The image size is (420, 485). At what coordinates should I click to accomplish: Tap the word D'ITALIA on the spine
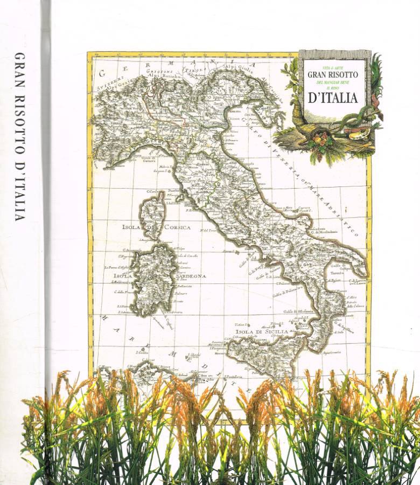[19, 191]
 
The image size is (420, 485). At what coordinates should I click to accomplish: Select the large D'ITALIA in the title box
[333, 98]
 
